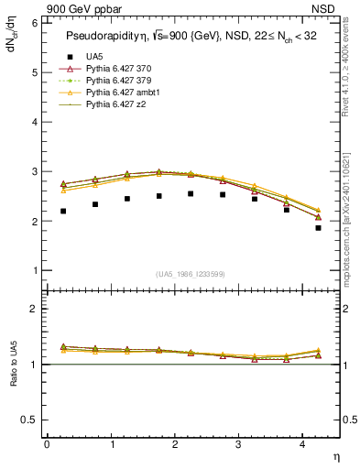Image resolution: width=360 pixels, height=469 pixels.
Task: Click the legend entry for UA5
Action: point(94,57)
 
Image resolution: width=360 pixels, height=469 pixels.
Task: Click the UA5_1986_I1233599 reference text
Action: point(191,274)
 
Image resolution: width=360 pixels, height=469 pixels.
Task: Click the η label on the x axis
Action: point(334,456)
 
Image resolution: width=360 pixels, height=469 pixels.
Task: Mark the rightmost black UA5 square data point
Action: point(318,228)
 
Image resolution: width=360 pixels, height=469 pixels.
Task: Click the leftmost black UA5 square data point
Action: point(63,211)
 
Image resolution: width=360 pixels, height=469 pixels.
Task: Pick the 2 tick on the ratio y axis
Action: point(34,309)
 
